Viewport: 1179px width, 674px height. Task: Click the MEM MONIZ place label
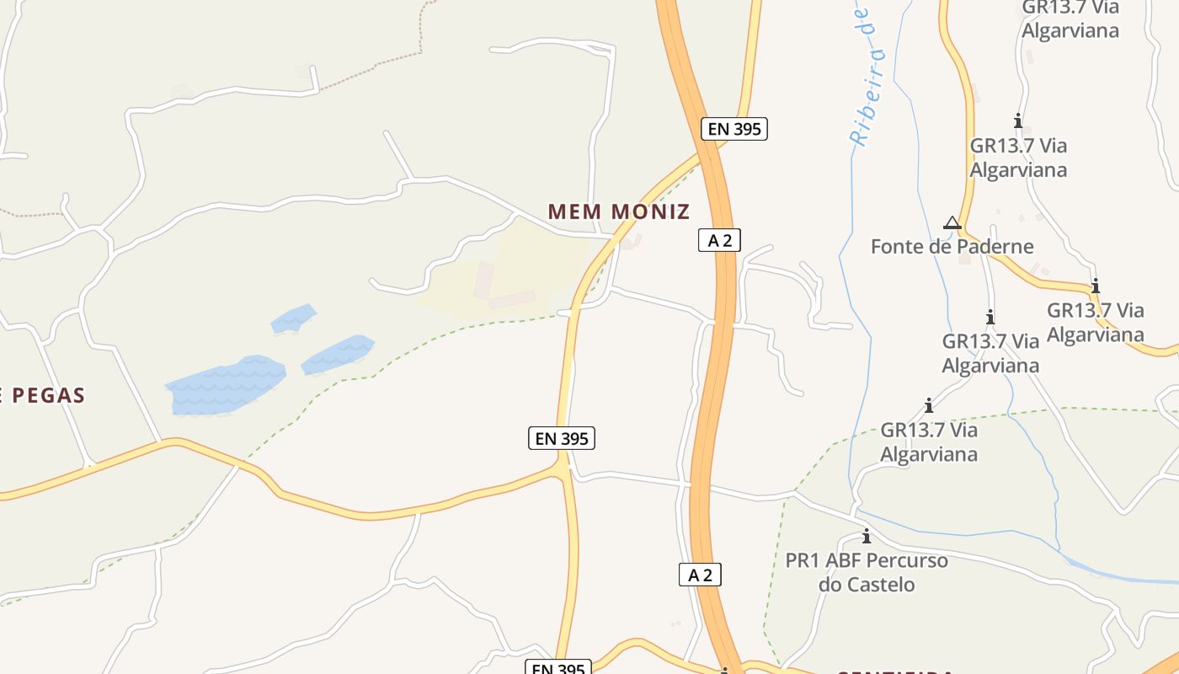click(x=619, y=211)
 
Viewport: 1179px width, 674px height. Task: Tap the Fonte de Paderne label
click(x=952, y=247)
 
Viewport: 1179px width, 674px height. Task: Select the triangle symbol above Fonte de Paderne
click(x=952, y=223)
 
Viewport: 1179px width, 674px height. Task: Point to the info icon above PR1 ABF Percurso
click(x=866, y=536)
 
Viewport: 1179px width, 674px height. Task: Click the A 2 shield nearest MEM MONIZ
click(x=719, y=240)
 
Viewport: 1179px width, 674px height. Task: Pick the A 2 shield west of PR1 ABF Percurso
click(x=700, y=575)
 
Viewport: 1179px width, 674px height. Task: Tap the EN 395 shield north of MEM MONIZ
click(x=734, y=129)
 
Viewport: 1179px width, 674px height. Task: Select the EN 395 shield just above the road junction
click(x=562, y=438)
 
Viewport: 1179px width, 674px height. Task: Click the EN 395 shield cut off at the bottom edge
click(x=558, y=668)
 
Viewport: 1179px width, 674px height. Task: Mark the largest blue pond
click(x=225, y=386)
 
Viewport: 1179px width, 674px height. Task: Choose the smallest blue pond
click(x=293, y=318)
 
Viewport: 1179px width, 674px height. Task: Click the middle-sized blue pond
click(x=338, y=354)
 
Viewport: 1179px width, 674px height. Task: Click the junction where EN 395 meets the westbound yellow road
click(x=563, y=466)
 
